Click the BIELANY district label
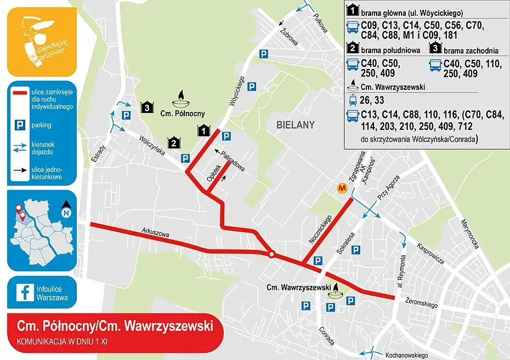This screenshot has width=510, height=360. (x=296, y=125)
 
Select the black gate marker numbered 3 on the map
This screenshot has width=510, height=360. (x=146, y=107)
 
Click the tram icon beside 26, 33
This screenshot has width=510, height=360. (x=352, y=100)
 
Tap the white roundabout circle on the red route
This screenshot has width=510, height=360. (x=271, y=254)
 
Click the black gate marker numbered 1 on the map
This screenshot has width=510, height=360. (x=203, y=130)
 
